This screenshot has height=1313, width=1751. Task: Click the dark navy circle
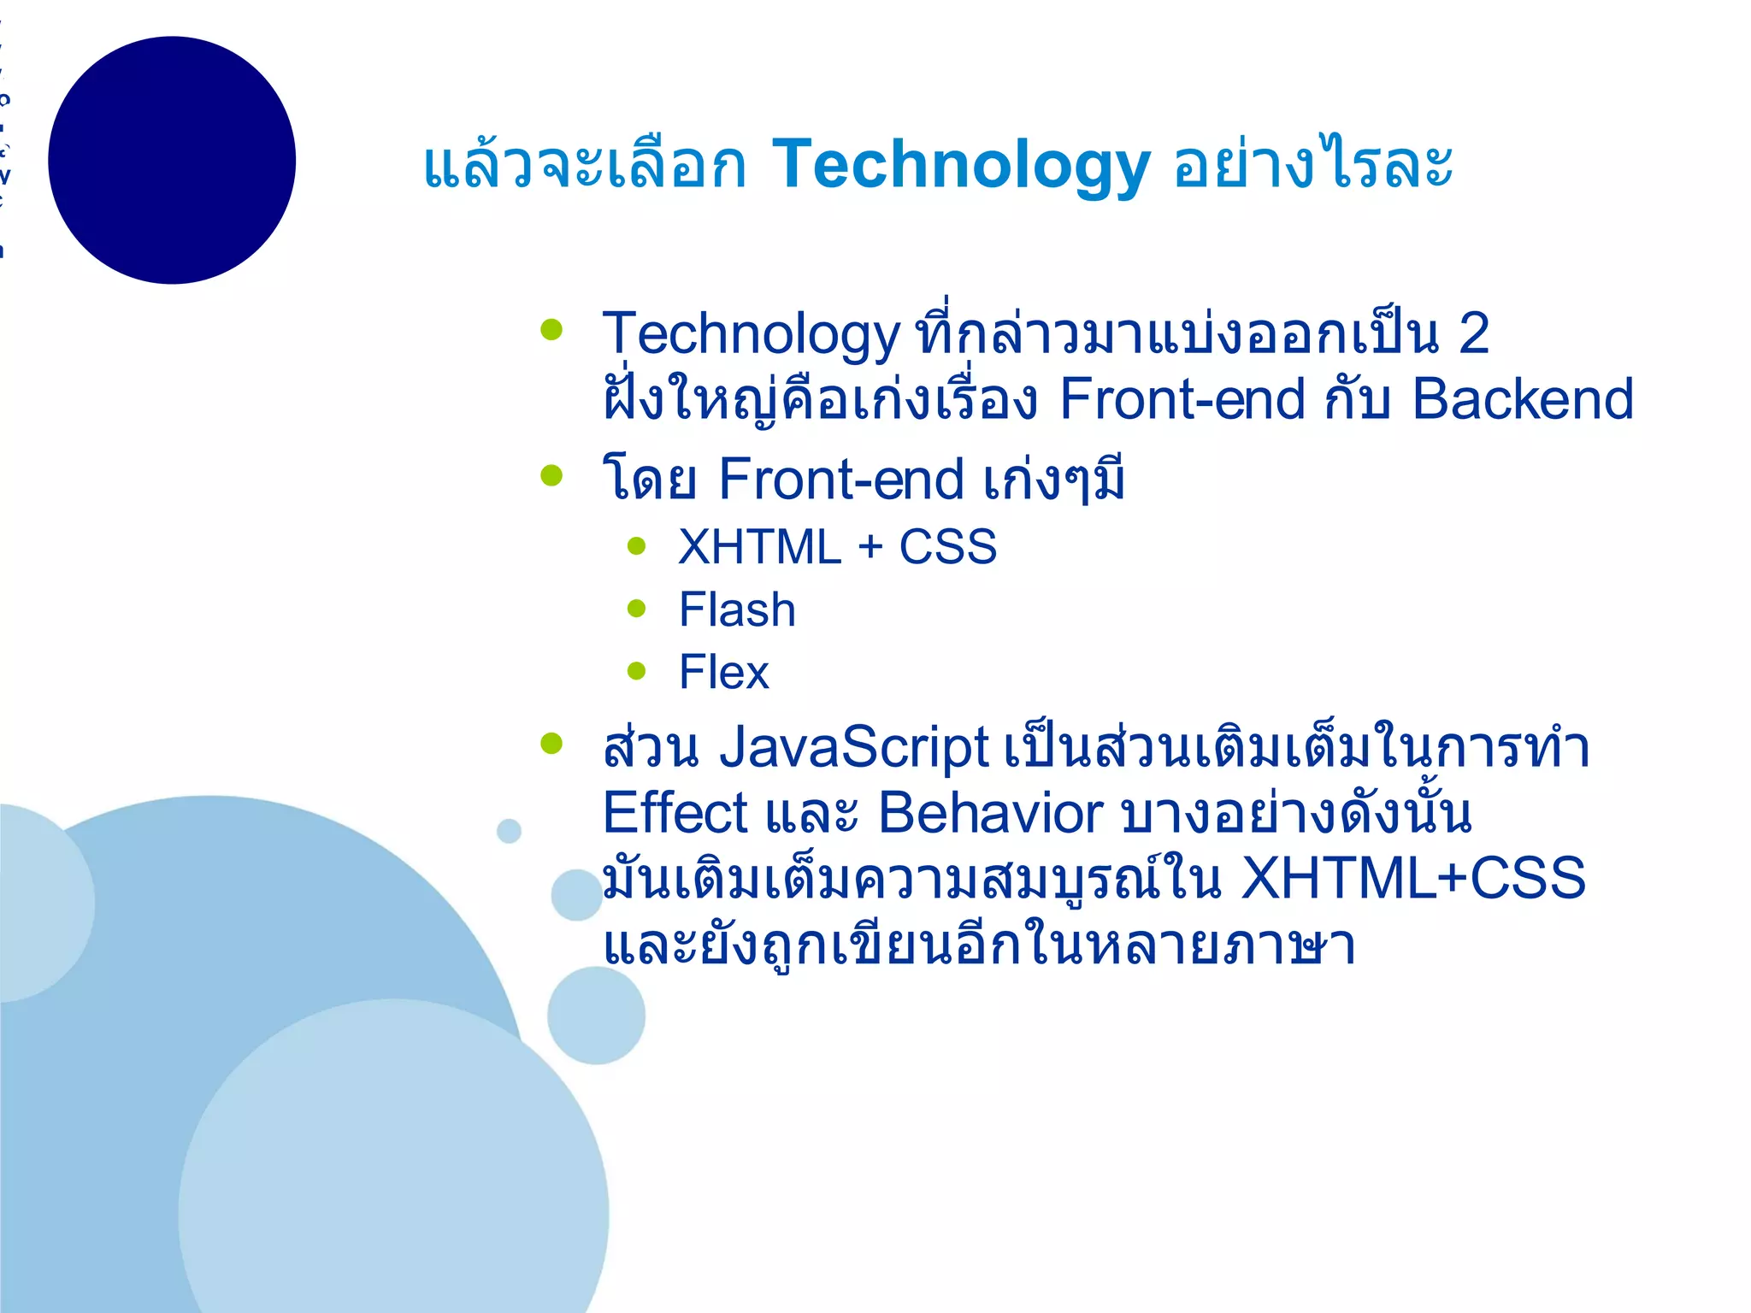pos(172,160)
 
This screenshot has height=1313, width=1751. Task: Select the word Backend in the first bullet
pos(1522,399)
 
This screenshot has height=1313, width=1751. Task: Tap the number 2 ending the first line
pos(1473,333)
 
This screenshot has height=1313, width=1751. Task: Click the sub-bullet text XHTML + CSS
pos(837,547)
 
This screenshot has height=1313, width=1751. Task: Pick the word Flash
pos(737,610)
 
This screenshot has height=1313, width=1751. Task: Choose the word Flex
pos(723,673)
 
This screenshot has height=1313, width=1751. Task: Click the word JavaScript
pos(853,748)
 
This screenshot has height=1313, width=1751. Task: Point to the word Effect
pos(675,813)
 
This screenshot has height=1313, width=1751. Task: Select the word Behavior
pos(990,813)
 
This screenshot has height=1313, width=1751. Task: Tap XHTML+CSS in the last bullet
pos(1412,879)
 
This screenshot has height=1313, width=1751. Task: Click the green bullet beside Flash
pos(636,609)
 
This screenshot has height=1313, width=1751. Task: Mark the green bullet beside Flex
pos(636,671)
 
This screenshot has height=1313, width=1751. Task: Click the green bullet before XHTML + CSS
pos(636,546)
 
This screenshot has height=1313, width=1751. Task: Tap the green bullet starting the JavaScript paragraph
pos(552,743)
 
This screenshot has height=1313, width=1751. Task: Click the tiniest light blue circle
pos(509,830)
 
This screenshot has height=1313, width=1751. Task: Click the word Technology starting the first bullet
pos(751,334)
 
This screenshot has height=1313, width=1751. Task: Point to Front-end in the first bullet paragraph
pos(1182,399)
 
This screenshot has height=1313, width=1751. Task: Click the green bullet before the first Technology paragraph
pos(552,329)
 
